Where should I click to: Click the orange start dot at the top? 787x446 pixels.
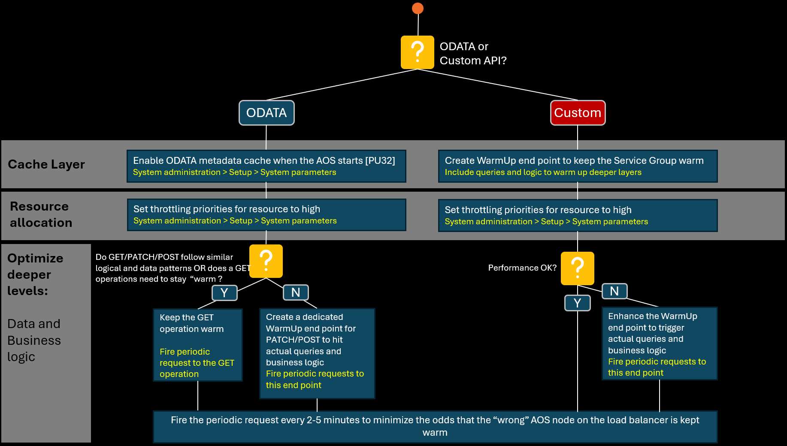coord(418,8)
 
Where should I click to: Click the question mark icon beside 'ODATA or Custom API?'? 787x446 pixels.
coord(417,52)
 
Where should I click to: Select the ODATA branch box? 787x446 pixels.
coord(266,113)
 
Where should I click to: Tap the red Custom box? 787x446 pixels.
coord(578,113)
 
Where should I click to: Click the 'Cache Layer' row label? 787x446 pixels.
coord(46,164)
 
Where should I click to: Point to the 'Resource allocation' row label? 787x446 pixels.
coord(41,214)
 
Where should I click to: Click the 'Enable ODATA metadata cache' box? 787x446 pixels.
coord(266,166)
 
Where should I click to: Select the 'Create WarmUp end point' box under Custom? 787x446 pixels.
coord(578,166)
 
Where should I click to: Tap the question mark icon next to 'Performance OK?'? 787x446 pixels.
coord(578,268)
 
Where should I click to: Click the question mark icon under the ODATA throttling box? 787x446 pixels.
coord(266,261)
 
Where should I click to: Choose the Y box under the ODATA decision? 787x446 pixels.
coord(224,293)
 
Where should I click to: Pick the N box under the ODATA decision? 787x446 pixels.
coord(296,292)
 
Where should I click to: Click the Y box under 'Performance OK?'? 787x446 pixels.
coord(578,303)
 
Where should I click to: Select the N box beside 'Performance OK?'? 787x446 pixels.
coord(614,291)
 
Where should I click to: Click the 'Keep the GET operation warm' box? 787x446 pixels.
coord(198,345)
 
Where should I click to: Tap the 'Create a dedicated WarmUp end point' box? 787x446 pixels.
coord(317,353)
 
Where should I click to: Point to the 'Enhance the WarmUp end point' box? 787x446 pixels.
coord(660,344)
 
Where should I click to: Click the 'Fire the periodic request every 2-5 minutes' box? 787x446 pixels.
coord(435,427)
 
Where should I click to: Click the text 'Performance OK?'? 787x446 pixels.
coord(522,268)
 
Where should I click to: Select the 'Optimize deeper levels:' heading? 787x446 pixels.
coord(35,274)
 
